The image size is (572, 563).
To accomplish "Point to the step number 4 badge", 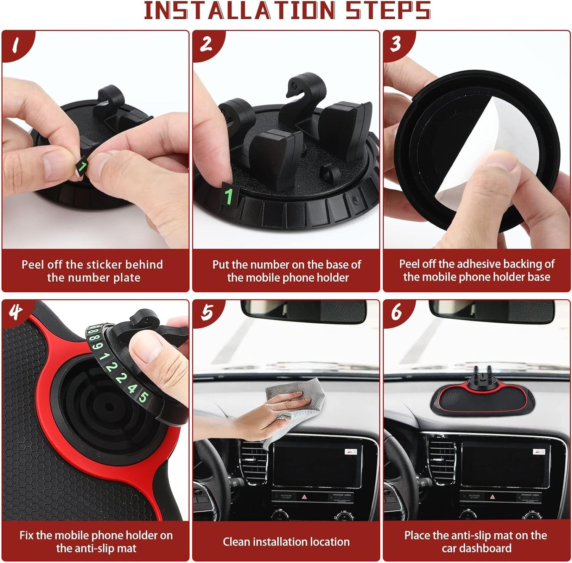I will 15,312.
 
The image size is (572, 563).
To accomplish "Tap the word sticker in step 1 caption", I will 103,265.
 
